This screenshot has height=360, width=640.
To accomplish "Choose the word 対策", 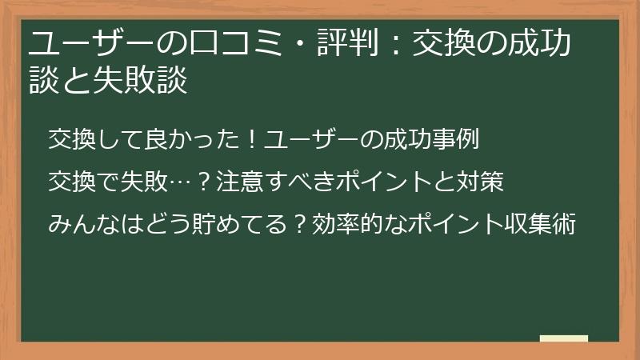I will point(480,183).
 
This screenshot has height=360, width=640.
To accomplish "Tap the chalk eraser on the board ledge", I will point(564,338).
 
